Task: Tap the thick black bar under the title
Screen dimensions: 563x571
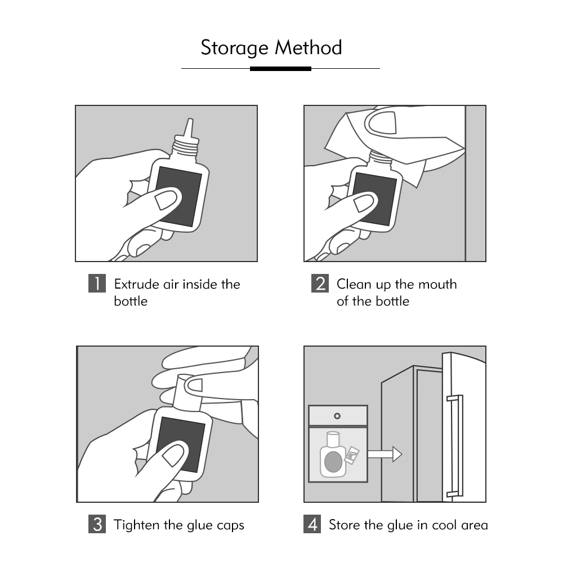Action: tap(280, 69)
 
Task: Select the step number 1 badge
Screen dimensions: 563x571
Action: tap(97, 283)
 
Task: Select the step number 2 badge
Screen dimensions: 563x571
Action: tap(320, 283)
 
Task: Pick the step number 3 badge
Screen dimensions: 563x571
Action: tap(97, 524)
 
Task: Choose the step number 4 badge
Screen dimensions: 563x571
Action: tap(312, 524)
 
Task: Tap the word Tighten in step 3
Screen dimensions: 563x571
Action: tap(137, 525)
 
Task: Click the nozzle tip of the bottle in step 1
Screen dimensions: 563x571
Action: tap(190, 125)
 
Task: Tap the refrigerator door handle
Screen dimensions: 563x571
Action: tap(455, 445)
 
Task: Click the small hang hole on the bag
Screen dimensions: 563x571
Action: tap(337, 416)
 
